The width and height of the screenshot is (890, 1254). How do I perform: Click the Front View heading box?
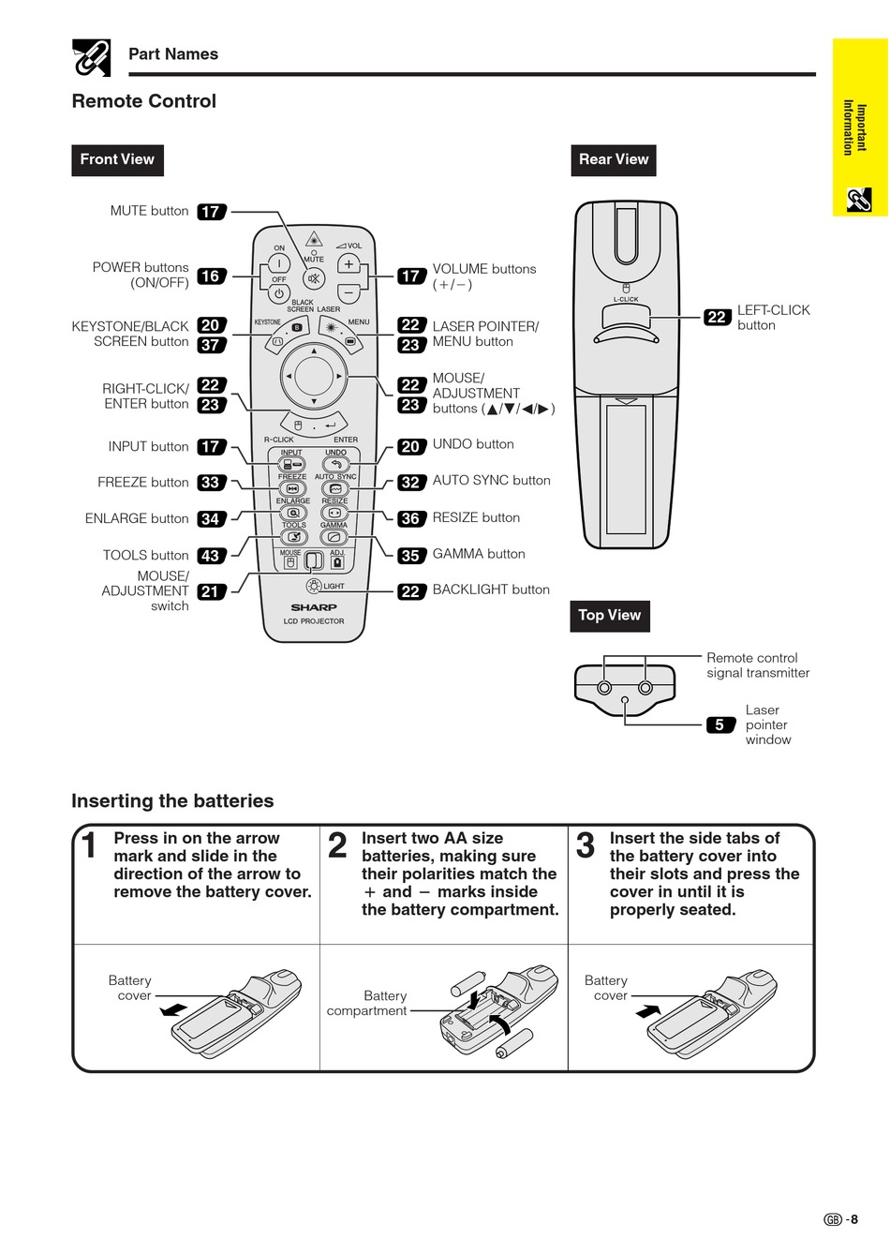(x=117, y=159)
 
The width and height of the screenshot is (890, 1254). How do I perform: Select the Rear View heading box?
(x=613, y=159)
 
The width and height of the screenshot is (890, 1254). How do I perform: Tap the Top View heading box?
(x=609, y=615)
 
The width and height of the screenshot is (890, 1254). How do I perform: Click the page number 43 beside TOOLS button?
(x=211, y=556)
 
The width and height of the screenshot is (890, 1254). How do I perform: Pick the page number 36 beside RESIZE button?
(x=410, y=518)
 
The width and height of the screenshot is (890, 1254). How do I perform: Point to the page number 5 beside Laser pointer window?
(x=719, y=724)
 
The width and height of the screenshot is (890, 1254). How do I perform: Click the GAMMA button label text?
(x=479, y=554)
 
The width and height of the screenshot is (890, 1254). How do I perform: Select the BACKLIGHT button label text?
(x=491, y=590)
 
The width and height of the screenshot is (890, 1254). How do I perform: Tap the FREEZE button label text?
(x=143, y=483)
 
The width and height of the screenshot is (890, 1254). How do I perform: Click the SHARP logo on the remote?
(x=313, y=607)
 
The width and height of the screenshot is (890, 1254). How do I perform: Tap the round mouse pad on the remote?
(x=314, y=377)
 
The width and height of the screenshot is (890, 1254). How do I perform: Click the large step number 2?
(x=337, y=845)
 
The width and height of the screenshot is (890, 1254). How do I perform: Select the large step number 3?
(x=586, y=845)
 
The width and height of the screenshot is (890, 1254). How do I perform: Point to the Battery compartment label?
(x=367, y=1003)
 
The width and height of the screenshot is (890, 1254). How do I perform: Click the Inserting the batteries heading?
(x=172, y=801)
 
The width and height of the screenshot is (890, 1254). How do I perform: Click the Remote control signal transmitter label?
(x=758, y=665)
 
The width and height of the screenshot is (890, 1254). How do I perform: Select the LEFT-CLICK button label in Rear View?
(x=773, y=317)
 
